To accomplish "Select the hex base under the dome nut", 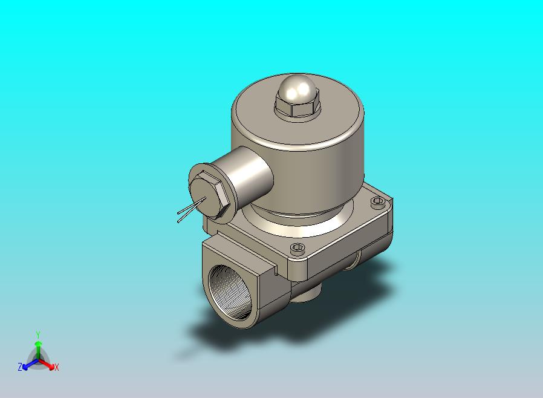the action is (x=298, y=106).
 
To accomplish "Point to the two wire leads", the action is (x=191, y=209).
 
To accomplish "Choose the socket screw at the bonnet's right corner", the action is (x=377, y=201).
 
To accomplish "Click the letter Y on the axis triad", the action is (x=38, y=334).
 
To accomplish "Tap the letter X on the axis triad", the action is (x=57, y=367).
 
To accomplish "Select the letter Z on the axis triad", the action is (x=20, y=367).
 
